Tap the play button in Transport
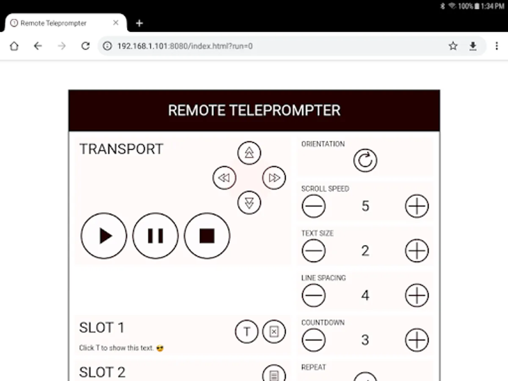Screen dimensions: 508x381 coord(104,236)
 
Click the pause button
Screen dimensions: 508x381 coord(155,236)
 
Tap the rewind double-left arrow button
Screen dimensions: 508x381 coord(224,178)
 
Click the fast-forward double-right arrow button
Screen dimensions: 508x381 coord(274,178)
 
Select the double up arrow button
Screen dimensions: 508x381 coord(249,153)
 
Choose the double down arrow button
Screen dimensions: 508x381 coord(249,203)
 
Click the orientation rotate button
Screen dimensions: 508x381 coord(365,160)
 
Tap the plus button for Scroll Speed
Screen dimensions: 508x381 coord(417,206)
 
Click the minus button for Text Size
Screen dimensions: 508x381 coord(314,251)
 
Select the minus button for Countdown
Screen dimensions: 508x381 coord(314,340)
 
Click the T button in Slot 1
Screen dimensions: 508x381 coord(247,331)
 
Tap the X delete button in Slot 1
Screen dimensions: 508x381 coord(274,331)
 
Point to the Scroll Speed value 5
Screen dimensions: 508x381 coord(365,206)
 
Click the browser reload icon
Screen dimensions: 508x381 coord(86,46)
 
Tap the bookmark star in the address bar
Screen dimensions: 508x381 coord(453,46)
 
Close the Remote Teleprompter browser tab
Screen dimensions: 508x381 coord(116,23)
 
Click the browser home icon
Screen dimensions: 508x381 coord(14,46)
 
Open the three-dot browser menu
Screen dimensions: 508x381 coord(497,46)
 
